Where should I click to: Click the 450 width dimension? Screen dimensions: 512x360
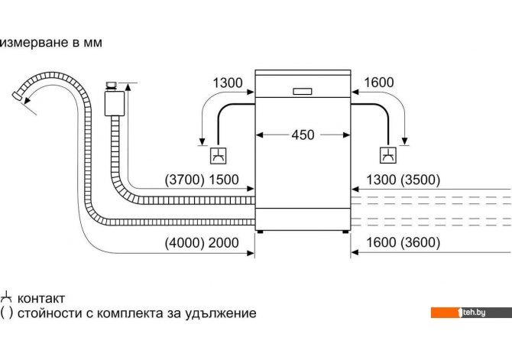pyautogui.click(x=303, y=135)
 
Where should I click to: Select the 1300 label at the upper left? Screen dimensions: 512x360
pyautogui.click(x=228, y=83)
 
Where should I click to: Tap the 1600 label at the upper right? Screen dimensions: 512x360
pyautogui.click(x=379, y=83)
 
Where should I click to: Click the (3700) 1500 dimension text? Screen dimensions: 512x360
pyautogui.click(x=202, y=180)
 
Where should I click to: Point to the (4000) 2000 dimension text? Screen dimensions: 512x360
pyautogui.click(x=202, y=243)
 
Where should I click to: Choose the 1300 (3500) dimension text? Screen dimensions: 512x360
pyautogui.click(x=403, y=180)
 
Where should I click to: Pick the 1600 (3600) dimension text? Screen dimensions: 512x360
pyautogui.click(x=403, y=242)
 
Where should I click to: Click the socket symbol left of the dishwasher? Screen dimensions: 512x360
pyautogui.click(x=218, y=156)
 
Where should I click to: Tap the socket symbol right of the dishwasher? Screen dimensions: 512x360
pyautogui.click(x=388, y=155)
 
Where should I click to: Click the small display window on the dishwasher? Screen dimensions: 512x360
pyautogui.click(x=303, y=92)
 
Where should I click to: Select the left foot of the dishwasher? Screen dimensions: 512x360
pyautogui.click(x=260, y=232)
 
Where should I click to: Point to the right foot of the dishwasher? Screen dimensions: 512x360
pyautogui.click(x=345, y=232)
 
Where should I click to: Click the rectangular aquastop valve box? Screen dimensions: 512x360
pyautogui.click(x=115, y=103)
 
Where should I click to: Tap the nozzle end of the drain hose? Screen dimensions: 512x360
pyautogui.click(x=16, y=96)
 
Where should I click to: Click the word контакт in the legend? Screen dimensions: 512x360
pyautogui.click(x=41, y=298)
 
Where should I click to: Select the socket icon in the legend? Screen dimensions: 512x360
pyautogui.click(x=6, y=297)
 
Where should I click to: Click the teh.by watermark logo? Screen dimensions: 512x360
pyautogui.click(x=471, y=313)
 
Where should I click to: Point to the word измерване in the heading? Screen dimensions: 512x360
pyautogui.click(x=34, y=43)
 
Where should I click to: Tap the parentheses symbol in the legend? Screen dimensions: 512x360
pyautogui.click(x=7, y=313)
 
